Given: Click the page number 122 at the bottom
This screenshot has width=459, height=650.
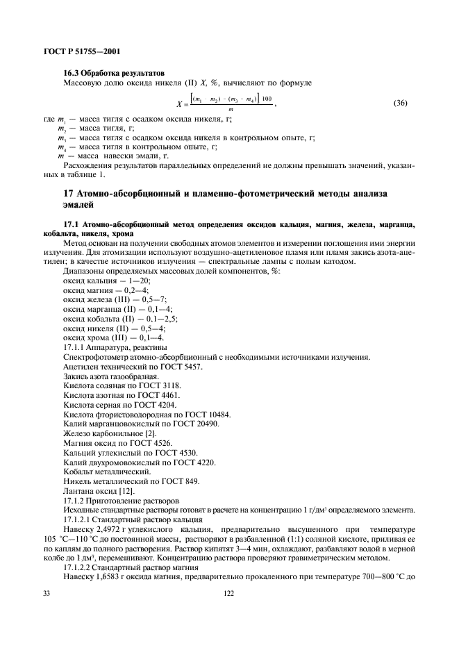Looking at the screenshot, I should coord(228,594).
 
